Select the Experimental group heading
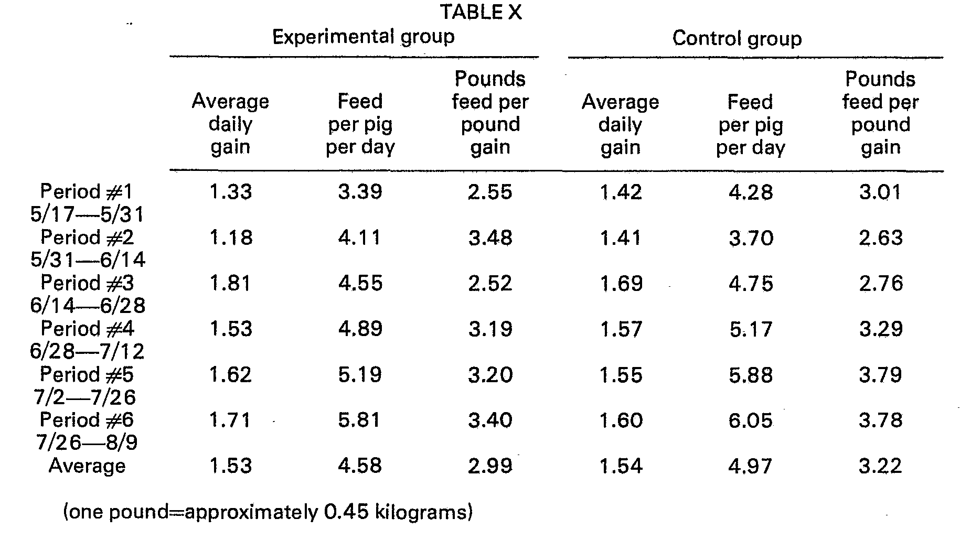point(363,37)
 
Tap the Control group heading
point(737,38)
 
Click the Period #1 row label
point(87,191)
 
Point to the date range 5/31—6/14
point(88,260)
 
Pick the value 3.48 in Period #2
point(490,238)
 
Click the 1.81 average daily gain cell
point(230,284)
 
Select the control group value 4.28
point(750,192)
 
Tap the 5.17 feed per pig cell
point(750,329)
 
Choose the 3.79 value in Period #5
point(880,375)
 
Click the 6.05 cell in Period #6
point(750,420)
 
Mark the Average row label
point(87,466)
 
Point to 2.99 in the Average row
point(490,466)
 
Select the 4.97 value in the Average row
point(750,466)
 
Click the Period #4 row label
point(87,329)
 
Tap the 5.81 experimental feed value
point(359,420)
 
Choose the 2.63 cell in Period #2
point(880,238)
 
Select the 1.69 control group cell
point(621,284)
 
